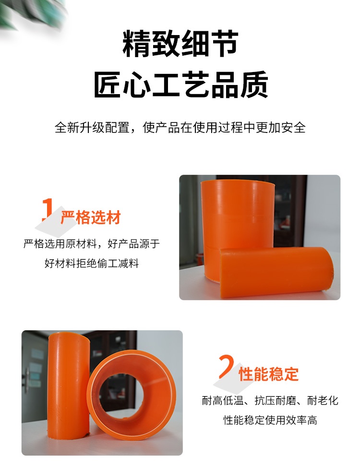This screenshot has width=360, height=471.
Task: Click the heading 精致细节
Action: [180, 44]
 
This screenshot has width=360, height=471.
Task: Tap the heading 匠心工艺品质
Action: [180, 85]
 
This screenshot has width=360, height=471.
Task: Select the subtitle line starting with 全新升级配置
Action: [180, 128]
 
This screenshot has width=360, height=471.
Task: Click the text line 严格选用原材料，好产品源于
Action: [92, 244]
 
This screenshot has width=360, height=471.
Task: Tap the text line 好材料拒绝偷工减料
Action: [92, 263]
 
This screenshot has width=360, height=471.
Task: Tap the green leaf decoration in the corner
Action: [29, 14]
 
